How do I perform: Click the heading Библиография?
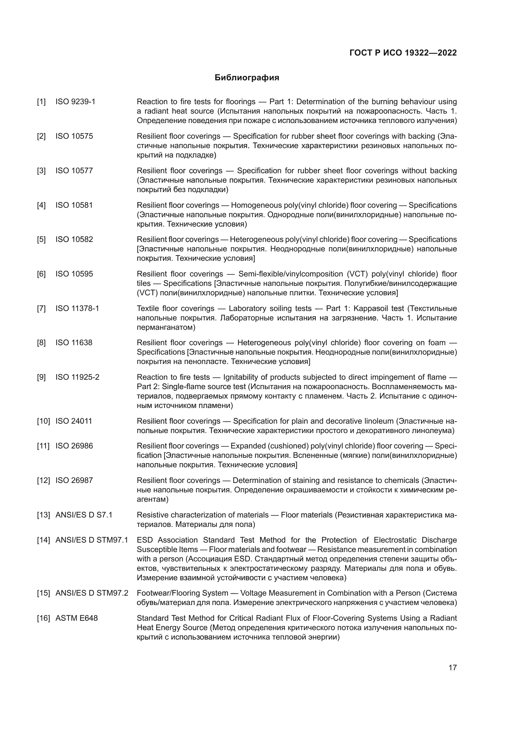[x=247, y=78]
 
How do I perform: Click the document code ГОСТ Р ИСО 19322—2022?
[x=403, y=53]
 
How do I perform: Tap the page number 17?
[x=452, y=667]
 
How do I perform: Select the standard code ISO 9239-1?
[x=75, y=102]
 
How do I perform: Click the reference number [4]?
[x=41, y=205]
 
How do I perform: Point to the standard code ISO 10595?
[x=74, y=274]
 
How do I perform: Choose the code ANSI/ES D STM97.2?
[x=92, y=593]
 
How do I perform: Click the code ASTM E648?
[x=77, y=618]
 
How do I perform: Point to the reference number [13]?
[x=43, y=515]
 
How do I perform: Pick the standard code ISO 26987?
[x=74, y=480]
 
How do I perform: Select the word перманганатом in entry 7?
[x=166, y=327]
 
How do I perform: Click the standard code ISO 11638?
[x=74, y=343]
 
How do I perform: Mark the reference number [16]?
[x=43, y=618]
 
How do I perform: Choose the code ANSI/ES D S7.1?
[x=84, y=515]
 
